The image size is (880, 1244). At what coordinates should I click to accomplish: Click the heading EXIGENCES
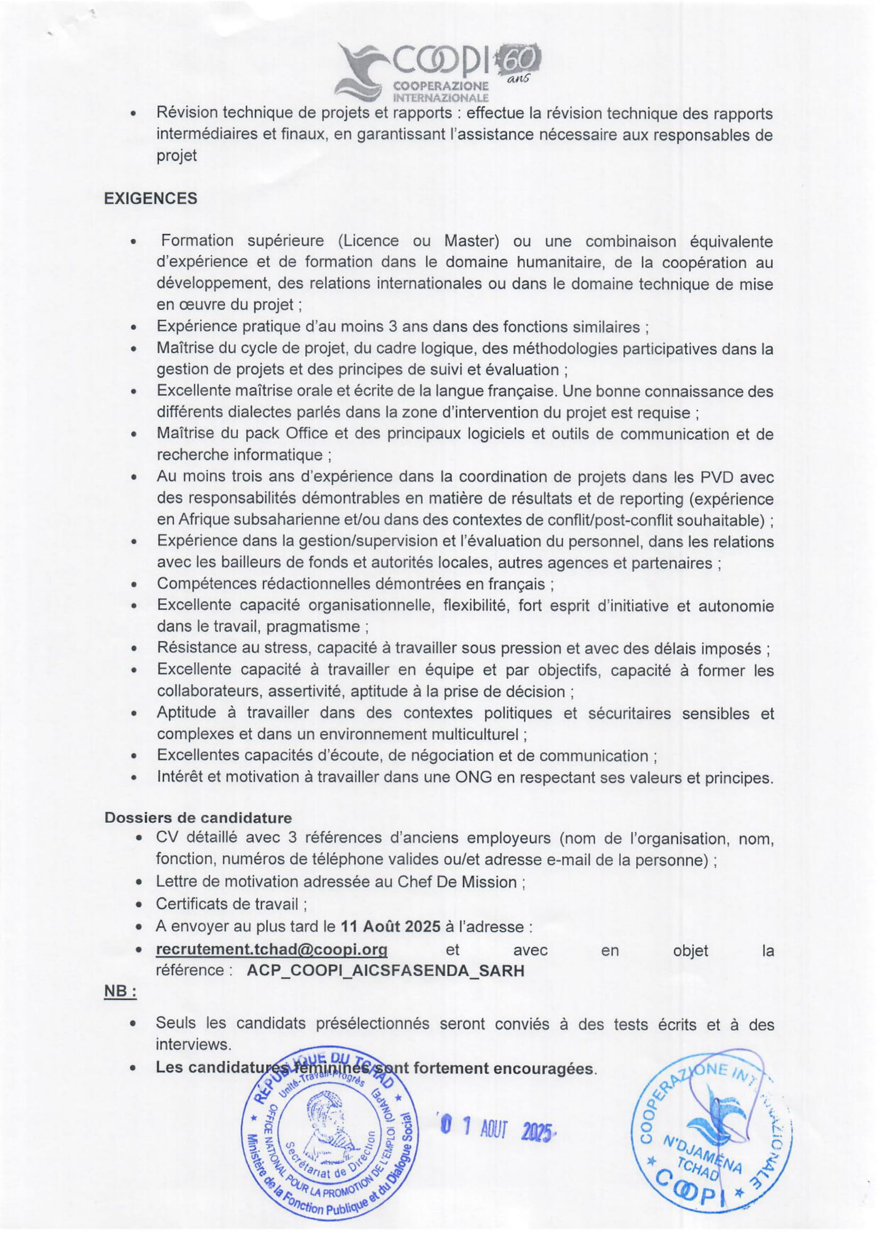(x=150, y=198)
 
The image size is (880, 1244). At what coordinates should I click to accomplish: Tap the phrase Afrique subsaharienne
(x=253, y=520)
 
